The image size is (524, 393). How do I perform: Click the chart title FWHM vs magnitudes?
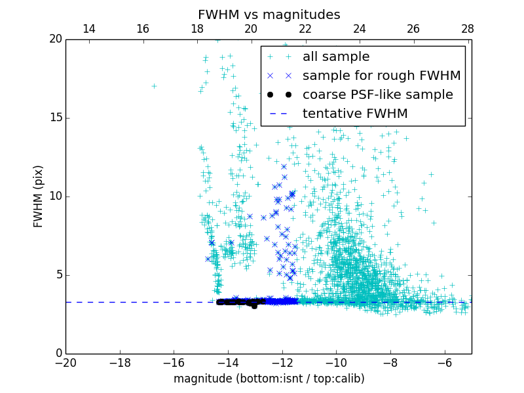269,14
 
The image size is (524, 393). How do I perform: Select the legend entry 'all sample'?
335,57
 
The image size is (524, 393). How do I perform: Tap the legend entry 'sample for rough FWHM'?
381,75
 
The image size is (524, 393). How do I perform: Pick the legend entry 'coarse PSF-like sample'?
377,94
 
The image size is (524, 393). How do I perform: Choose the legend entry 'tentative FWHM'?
354,113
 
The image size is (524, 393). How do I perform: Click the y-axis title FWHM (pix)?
39,196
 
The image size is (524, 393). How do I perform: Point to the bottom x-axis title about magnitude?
269,379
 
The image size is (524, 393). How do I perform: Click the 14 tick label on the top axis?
89,29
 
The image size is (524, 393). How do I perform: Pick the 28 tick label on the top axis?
468,29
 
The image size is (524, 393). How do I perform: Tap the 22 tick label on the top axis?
305,29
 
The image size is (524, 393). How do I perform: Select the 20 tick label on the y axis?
54,39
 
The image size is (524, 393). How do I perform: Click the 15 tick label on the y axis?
54,118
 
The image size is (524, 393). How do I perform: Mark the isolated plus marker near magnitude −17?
154,86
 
